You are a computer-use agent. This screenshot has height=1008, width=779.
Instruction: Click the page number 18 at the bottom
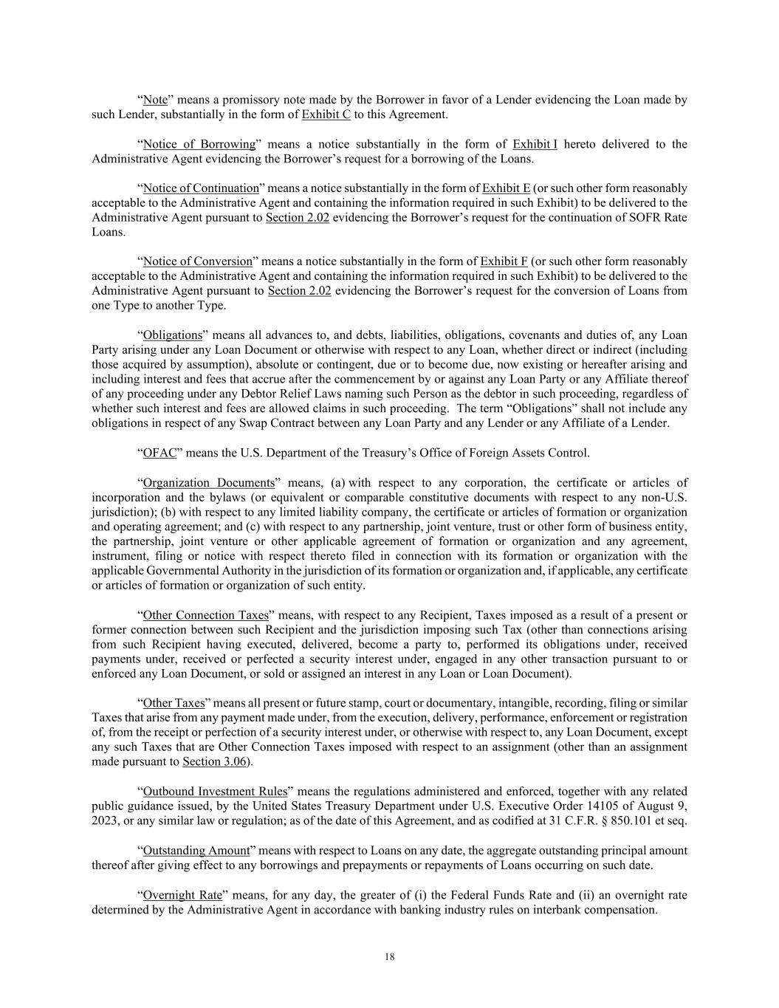389,957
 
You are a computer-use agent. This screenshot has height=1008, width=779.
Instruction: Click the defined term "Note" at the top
155,100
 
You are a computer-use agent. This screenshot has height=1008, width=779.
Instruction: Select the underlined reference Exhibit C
326,114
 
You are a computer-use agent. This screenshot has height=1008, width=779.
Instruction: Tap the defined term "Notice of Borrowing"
199,144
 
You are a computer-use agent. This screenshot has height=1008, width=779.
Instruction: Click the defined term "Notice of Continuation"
201,188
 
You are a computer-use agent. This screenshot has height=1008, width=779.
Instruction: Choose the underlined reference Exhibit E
506,188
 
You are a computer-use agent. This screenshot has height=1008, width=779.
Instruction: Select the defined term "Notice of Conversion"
197,261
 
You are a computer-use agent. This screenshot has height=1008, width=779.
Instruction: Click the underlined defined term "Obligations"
172,335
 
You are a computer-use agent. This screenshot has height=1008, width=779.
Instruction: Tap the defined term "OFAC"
159,453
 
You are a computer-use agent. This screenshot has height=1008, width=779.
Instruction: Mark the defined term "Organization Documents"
208,483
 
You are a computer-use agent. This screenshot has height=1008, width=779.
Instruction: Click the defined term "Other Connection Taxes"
205,615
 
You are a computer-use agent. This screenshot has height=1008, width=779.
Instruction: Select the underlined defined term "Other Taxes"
174,703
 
